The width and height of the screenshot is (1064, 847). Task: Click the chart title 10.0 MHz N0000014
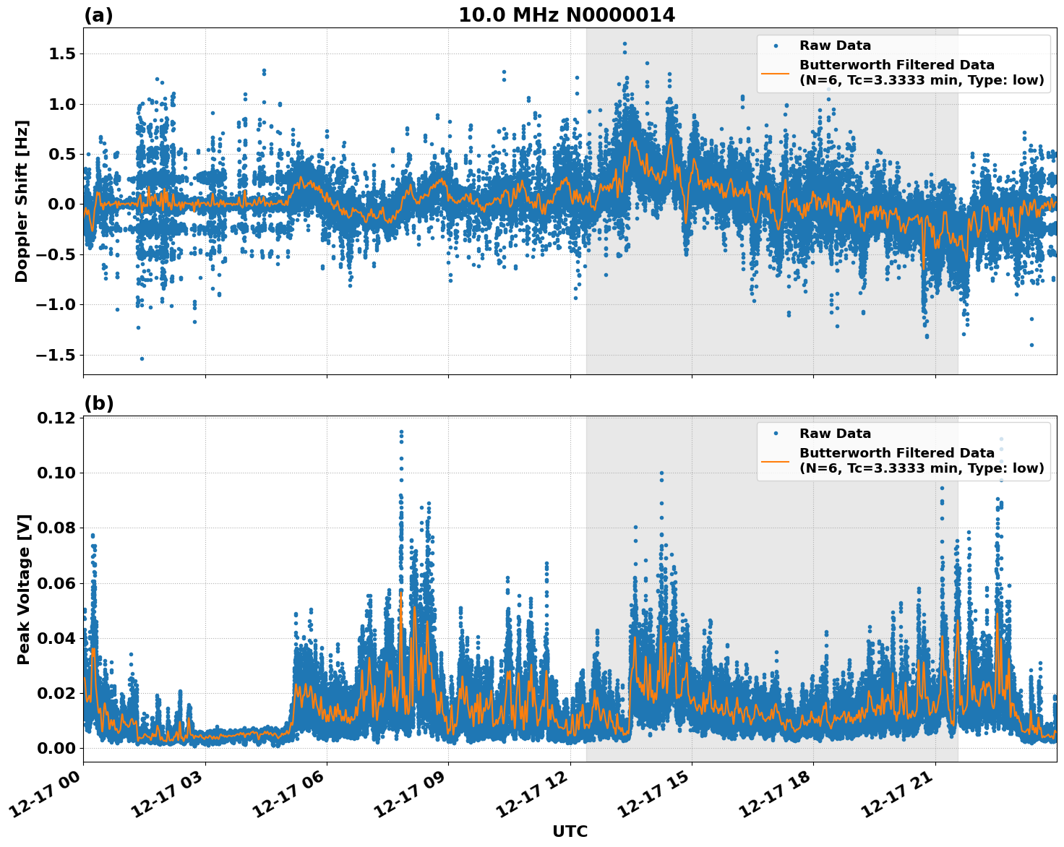click(x=567, y=15)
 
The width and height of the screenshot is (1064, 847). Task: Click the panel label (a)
click(x=98, y=15)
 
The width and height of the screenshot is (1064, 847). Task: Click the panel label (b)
click(x=98, y=403)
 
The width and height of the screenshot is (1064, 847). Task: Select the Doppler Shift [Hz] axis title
click(x=22, y=201)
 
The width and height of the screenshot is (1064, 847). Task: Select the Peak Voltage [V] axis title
click(x=23, y=589)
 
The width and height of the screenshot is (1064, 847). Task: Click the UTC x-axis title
click(x=570, y=831)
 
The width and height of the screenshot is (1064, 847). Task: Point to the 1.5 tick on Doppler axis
click(x=61, y=54)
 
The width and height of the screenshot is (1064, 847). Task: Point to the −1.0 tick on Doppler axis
click(x=56, y=304)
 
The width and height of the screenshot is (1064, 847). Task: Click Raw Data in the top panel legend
click(x=835, y=46)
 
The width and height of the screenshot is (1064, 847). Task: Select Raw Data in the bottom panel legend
click(x=835, y=434)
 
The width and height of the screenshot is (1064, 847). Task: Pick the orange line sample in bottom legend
click(x=776, y=460)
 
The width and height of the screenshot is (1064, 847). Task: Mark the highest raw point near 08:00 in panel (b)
click(x=401, y=431)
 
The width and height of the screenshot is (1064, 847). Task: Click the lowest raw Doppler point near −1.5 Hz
click(x=142, y=358)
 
